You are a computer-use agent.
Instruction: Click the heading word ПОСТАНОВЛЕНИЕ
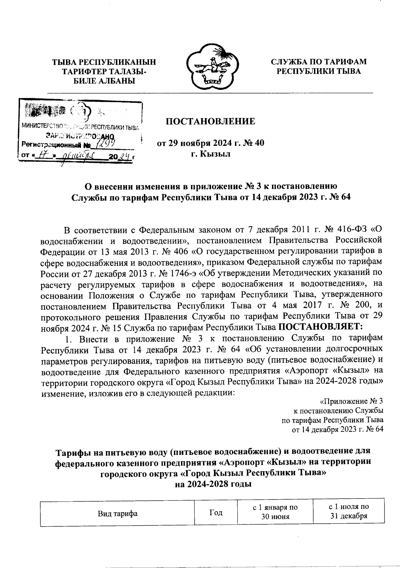coord(211,121)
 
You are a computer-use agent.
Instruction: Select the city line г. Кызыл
coord(211,154)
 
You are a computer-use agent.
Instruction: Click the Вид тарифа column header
coord(118,514)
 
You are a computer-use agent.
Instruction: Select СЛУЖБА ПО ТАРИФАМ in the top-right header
coord(318,62)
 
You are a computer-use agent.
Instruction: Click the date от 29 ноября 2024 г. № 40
coord(211,144)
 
